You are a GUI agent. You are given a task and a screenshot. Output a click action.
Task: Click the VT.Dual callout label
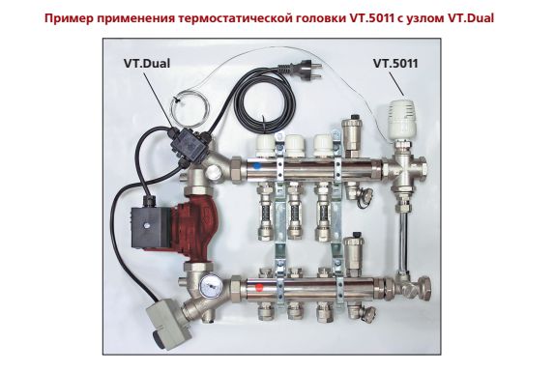pos(147,64)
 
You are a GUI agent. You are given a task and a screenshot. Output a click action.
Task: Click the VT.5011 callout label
pos(395,64)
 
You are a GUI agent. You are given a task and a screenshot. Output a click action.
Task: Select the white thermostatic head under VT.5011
pos(404,119)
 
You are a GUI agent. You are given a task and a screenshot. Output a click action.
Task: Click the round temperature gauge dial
pos(211,285)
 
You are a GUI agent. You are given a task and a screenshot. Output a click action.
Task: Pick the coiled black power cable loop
pos(263,101)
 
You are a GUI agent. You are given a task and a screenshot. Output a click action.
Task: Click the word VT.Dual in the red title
pos(471,18)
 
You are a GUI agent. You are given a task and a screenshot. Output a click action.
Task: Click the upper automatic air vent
pos(353,137)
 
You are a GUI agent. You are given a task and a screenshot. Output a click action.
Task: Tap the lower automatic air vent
pos(354,253)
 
